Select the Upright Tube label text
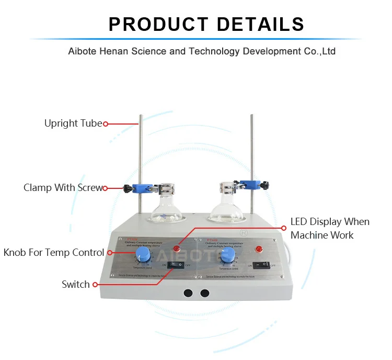point(73,124)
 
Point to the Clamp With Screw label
point(63,188)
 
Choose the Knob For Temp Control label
point(54,253)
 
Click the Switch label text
point(76,285)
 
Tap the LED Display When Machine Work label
point(330,228)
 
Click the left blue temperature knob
point(142,255)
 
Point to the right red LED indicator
point(257,248)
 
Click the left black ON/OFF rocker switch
point(176,265)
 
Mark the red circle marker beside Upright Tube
point(106,124)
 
